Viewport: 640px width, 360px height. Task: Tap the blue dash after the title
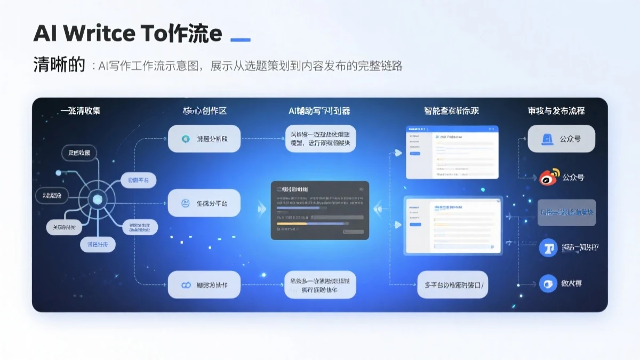click(239, 39)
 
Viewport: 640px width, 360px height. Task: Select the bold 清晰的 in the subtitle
click(59, 65)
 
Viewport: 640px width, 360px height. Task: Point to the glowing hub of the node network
click(97, 200)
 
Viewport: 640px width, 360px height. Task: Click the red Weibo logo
click(549, 177)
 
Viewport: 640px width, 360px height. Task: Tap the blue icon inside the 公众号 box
click(547, 139)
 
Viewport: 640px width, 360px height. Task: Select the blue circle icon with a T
click(547, 247)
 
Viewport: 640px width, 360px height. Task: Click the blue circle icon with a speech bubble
click(547, 284)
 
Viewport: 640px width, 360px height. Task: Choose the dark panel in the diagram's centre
click(319, 210)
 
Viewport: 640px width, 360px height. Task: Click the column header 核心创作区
click(204, 111)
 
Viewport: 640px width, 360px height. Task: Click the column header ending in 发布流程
click(556, 111)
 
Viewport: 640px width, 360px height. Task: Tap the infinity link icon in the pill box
click(186, 285)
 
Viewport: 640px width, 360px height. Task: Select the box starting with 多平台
click(453, 285)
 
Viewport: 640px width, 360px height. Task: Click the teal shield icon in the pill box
click(186, 139)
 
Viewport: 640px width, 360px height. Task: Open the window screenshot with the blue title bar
click(452, 153)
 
